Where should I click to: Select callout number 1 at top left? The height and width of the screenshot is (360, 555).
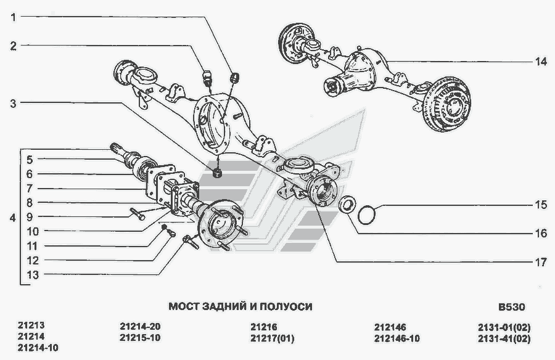coord(13,17)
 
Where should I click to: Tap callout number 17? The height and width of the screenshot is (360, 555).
coord(540,261)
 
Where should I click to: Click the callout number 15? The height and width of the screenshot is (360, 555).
coord(540,205)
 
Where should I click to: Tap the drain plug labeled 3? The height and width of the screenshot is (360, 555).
coord(217,172)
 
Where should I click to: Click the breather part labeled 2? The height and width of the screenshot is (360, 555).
coord(208,77)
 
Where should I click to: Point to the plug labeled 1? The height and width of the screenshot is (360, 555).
coord(234,78)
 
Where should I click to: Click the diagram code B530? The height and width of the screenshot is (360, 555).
coord(511,306)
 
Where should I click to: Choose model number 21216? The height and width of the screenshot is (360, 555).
coord(264,327)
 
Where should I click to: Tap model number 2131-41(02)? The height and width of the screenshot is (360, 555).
coord(504,338)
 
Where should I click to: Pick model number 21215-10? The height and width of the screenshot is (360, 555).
coord(140,338)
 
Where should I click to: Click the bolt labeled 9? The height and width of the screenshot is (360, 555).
coord(138,215)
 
